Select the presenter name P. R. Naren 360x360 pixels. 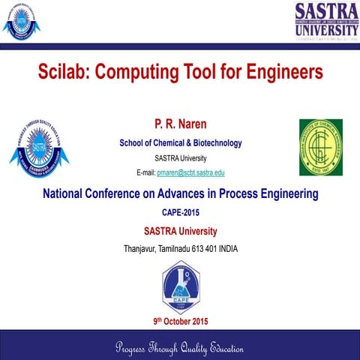pyautogui.click(x=180, y=121)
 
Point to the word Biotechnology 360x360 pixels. pyautogui.click(x=211, y=142)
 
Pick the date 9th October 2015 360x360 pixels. pyautogui.click(x=181, y=321)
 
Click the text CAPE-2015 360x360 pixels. pyautogui.click(x=180, y=213)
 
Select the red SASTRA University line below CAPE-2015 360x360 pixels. pyautogui.click(x=180, y=230)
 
